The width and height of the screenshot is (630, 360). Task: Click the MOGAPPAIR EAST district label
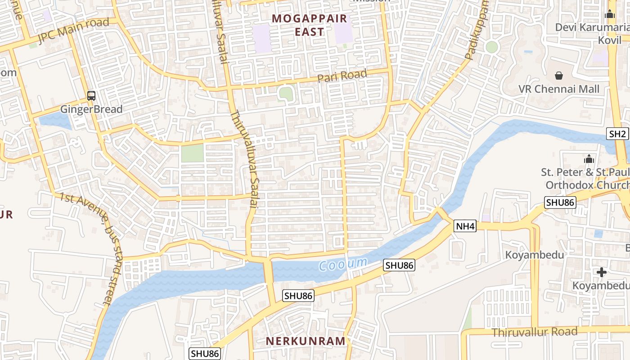coord(310,25)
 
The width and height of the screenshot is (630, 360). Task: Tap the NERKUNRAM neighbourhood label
coord(306,341)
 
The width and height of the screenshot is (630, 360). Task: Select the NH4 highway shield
coord(465,226)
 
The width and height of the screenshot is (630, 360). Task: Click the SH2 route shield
coord(617,134)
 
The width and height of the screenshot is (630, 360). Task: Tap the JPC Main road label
coord(73,31)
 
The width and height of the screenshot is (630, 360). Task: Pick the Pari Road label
coord(342,76)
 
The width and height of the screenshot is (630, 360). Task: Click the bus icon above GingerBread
coord(91,95)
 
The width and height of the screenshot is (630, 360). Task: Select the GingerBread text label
coord(91,109)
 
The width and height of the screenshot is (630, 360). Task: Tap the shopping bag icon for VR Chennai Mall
coord(559,75)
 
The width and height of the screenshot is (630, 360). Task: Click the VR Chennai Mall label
coord(559,89)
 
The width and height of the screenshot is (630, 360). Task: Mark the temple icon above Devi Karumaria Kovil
coord(610,14)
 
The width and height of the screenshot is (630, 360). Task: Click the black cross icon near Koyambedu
coord(601,272)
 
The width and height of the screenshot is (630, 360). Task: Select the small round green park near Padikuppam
coord(492,47)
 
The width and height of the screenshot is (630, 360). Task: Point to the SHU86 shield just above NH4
coord(560,202)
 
